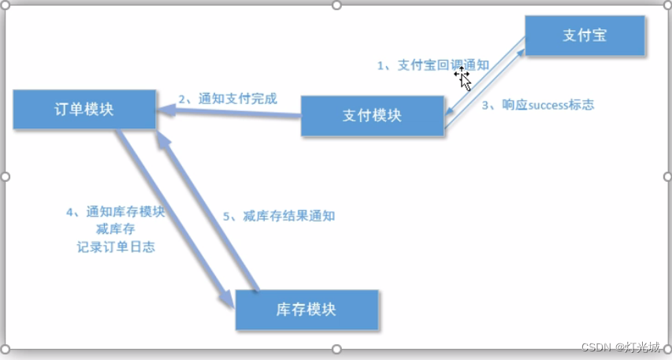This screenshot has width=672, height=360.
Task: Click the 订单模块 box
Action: tap(84, 109)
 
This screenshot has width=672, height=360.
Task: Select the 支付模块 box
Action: tap(373, 115)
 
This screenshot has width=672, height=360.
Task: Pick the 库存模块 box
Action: tap(306, 310)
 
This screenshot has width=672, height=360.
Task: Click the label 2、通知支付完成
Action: tap(228, 99)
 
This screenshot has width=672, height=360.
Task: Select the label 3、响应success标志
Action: tap(537, 104)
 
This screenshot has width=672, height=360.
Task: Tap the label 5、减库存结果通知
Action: tap(279, 216)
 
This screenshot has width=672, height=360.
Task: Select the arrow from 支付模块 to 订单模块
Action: tap(228, 114)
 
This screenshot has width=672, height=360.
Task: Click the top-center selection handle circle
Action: tap(336, 6)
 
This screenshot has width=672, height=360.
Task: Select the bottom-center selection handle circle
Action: tap(336, 349)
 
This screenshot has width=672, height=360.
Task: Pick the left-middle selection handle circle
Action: tap(6, 176)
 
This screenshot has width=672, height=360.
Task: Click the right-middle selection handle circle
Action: tap(666, 176)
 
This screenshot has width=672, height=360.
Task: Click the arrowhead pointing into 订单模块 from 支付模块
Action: tap(165, 113)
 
